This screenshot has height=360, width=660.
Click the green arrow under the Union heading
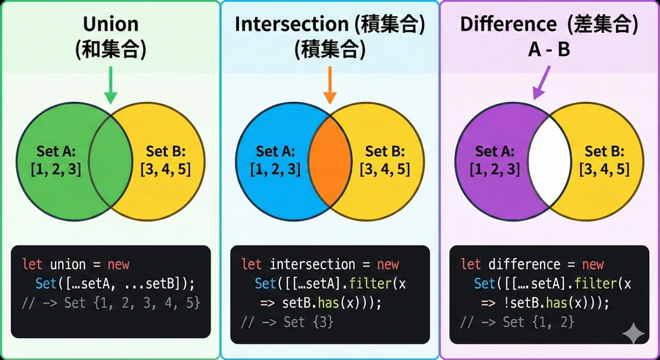110,85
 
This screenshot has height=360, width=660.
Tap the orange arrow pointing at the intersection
330,85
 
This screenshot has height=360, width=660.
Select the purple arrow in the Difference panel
542,82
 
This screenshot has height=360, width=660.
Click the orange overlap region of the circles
330,162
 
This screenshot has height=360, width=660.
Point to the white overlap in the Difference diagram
550,162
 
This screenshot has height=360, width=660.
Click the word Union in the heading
111,24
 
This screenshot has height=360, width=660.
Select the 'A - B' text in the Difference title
549,50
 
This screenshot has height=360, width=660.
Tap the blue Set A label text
276,150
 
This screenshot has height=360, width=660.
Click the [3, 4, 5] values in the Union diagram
166,169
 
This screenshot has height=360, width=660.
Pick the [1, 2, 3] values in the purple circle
495,169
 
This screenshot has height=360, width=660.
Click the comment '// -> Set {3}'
287,322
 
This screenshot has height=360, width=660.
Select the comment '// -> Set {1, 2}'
517,322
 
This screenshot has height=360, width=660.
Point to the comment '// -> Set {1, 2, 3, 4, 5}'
111,303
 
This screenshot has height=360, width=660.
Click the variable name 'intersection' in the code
312,265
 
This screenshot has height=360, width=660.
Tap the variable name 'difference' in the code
525,265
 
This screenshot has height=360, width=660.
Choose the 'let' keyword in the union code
32,265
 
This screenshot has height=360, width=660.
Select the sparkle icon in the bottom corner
634,333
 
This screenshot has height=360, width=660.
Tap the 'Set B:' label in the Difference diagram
604,150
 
